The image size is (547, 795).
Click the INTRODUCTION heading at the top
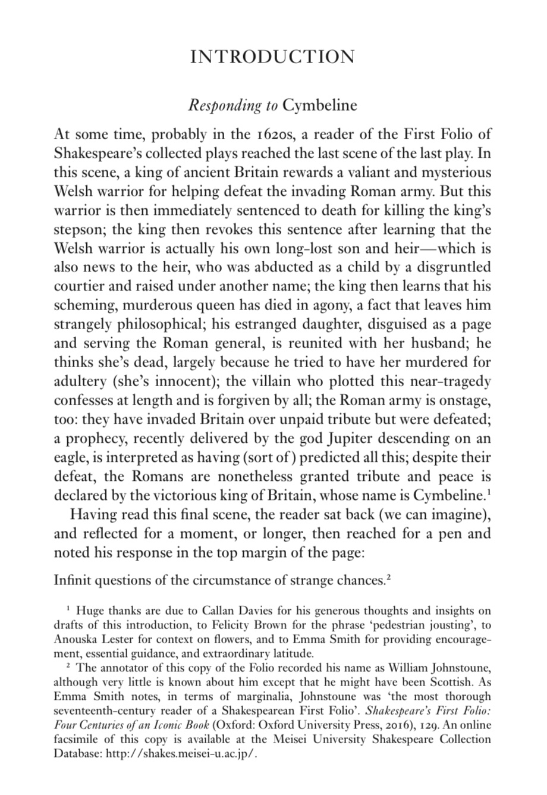pyautogui.click(x=273, y=57)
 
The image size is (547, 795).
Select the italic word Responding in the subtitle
pyautogui.click(x=224, y=106)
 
